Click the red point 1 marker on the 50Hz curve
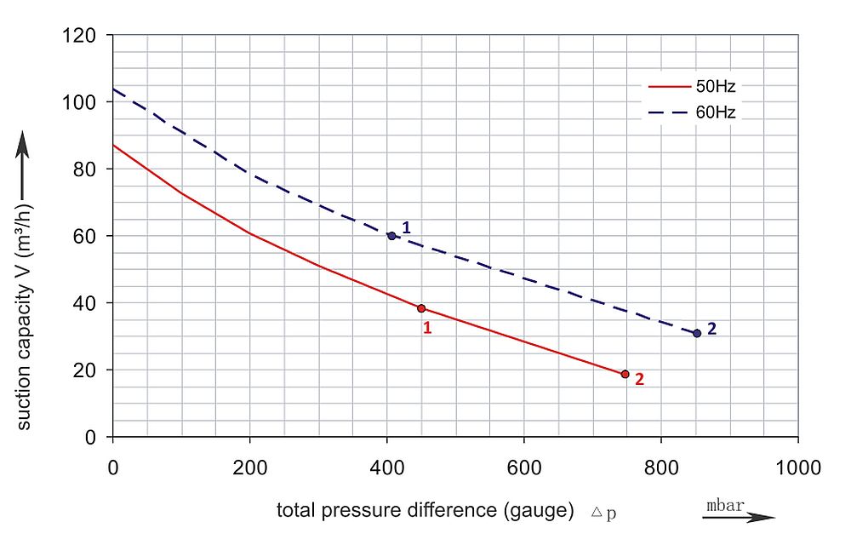pyautogui.click(x=421, y=308)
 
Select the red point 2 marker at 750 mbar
pyautogui.click(x=625, y=374)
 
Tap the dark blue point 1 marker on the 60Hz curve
pyautogui.click(x=391, y=236)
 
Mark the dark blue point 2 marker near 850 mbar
pyautogui.click(x=697, y=333)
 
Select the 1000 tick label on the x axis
pyautogui.click(x=797, y=468)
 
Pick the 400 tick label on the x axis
pyautogui.click(x=386, y=468)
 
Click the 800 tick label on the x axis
pyautogui.click(x=661, y=468)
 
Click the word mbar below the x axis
pyautogui.click(x=725, y=505)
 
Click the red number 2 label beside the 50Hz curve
pyautogui.click(x=639, y=381)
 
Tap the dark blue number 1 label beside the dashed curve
pyautogui.click(x=407, y=227)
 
